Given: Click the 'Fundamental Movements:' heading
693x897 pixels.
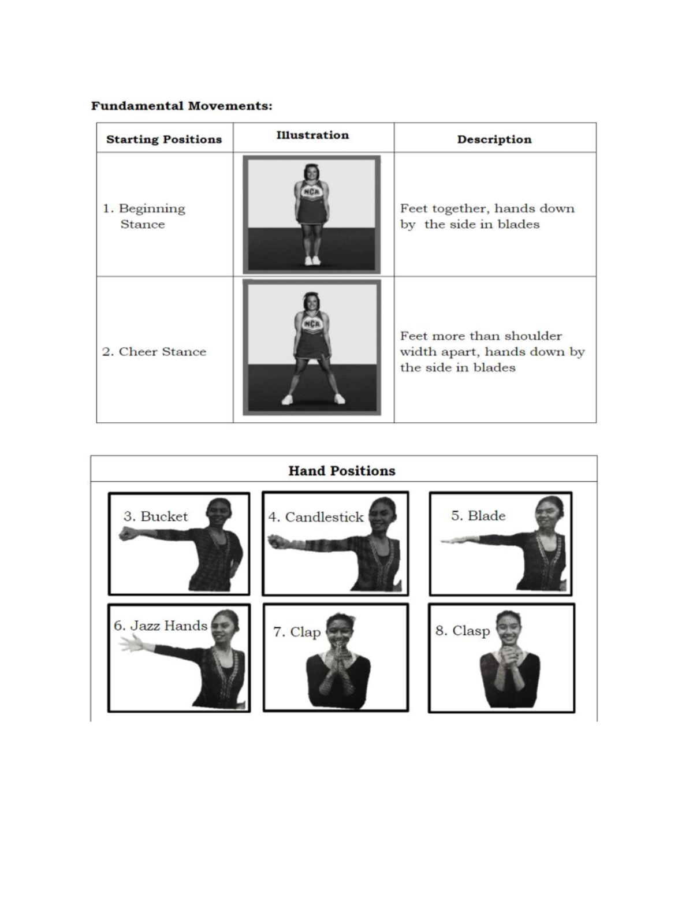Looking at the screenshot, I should tap(181, 106).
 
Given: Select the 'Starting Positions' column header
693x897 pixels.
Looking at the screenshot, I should tap(164, 140).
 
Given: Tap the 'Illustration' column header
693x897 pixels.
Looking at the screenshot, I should tap(312, 135).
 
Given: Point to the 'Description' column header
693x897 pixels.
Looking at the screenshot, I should tap(494, 140).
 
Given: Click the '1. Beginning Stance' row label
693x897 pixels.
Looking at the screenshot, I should tap(144, 216).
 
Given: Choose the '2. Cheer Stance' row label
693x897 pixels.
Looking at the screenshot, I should tap(154, 352).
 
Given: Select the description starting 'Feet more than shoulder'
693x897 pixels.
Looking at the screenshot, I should tap(492, 352).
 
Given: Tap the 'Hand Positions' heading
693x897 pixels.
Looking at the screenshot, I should tap(342, 471).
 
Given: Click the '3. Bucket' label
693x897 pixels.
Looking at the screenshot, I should tap(155, 516).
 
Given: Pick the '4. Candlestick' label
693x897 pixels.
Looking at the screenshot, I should tap(316, 517).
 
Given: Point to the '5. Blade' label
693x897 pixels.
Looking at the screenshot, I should tap(478, 516).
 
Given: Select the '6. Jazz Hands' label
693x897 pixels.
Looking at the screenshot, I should tap(160, 626).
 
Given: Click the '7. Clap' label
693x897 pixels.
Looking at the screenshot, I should tap(297, 632).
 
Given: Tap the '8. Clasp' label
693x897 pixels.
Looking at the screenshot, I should tap(463, 631).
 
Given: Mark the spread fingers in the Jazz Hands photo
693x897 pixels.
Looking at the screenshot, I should tap(130, 643).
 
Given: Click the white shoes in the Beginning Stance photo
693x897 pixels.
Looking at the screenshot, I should tap(312, 260).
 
